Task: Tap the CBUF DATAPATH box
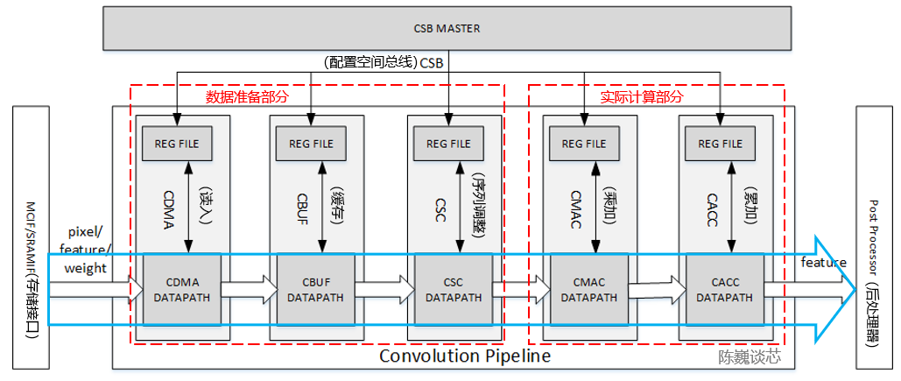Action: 315,289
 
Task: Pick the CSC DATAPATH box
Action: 454,289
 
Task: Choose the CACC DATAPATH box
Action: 723,289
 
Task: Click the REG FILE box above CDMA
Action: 178,144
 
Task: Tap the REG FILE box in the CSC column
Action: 449,144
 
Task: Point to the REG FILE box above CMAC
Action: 584,144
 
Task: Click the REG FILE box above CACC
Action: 720,144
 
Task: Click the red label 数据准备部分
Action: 247,96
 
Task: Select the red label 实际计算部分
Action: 641,96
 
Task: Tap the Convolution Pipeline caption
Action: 464,356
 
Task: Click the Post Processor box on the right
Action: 873,236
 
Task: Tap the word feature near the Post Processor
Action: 823,263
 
